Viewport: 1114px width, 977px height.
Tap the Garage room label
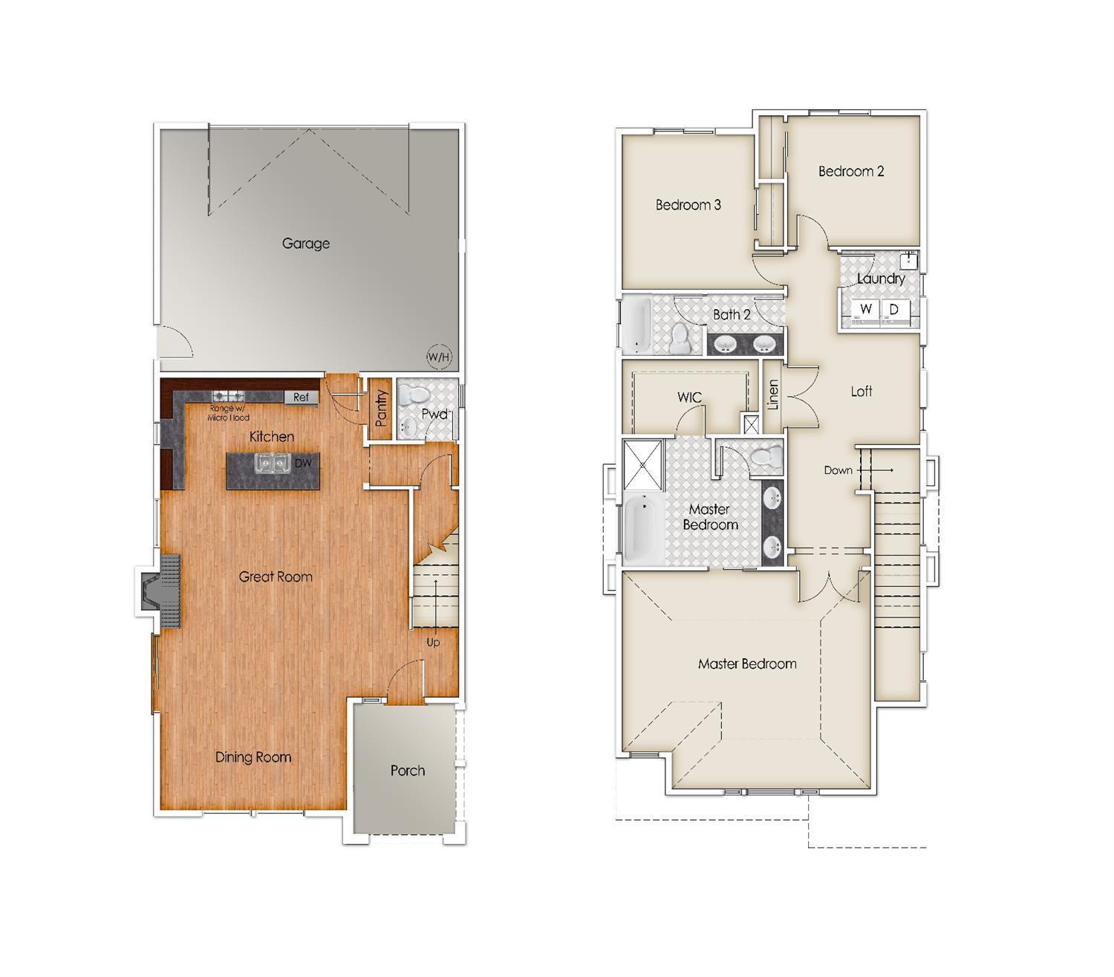305,243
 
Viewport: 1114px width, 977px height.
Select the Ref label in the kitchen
301,397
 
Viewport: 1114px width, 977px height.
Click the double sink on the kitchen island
272,464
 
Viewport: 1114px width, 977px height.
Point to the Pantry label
382,408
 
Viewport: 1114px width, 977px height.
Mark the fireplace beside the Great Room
160,591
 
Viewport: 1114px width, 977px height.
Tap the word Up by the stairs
433,642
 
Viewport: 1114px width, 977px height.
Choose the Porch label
408,770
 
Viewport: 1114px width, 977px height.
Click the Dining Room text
253,757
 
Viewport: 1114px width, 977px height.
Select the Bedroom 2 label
851,172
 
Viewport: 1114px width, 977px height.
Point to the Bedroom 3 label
688,205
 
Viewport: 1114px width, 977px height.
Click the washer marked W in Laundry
865,309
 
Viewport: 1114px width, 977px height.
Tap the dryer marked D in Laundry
894,309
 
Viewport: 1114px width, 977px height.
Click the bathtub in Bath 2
638,325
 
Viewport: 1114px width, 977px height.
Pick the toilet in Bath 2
680,338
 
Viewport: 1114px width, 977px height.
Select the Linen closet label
773,395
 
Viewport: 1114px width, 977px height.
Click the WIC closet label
689,397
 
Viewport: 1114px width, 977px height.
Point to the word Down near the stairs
838,470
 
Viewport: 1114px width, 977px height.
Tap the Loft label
861,392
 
